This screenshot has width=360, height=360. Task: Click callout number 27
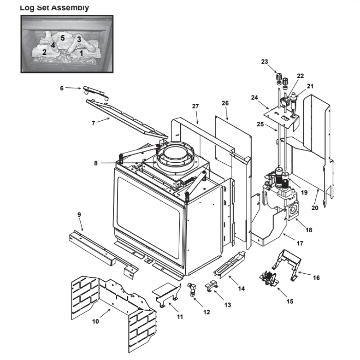[x=195, y=107]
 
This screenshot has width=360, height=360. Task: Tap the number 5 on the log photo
[x=63, y=37]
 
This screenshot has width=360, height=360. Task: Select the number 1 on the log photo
[x=81, y=53]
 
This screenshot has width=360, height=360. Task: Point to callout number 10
[x=95, y=321]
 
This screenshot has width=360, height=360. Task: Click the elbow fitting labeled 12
[x=193, y=289]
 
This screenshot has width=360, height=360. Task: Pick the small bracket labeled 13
[x=212, y=285]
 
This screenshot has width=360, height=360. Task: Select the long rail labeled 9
[x=101, y=252]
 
